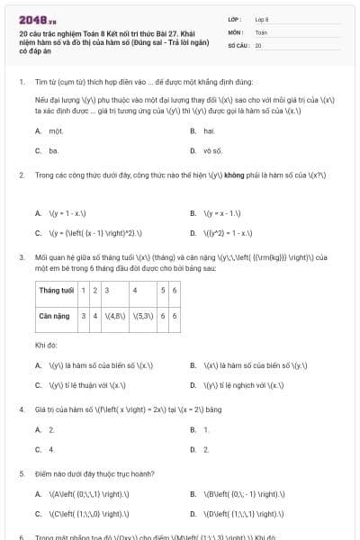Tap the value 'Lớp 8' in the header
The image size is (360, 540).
262,18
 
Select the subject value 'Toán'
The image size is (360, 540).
261,31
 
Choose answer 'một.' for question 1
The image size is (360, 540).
55,130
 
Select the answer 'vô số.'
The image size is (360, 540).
212,151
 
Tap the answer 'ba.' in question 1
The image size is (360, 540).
54,151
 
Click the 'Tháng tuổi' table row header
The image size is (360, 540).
55,291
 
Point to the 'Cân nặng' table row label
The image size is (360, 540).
55,317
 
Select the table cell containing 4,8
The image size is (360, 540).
115,317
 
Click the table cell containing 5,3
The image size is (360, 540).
143,317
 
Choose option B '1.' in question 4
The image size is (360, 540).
206,430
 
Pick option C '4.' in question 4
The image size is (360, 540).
51,448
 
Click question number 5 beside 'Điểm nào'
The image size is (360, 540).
22,472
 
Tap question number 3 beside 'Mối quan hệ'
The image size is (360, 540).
22,256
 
